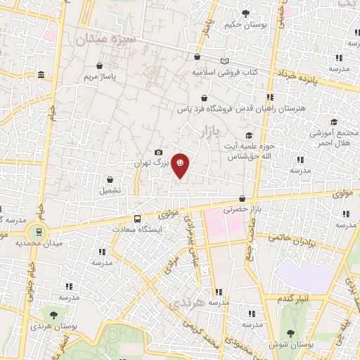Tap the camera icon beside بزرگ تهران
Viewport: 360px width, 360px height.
pyautogui.click(x=158, y=153)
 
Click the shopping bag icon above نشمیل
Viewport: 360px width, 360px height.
pyautogui.click(x=110, y=179)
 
